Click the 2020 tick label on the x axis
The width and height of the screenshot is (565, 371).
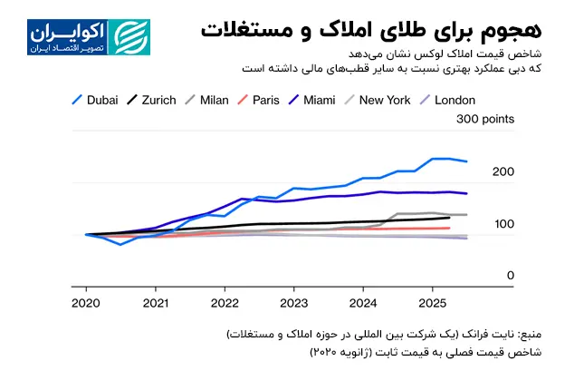85,303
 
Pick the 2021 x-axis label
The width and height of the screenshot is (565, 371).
155,303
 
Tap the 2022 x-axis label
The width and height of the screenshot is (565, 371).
224,303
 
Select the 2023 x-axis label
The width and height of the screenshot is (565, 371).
293,303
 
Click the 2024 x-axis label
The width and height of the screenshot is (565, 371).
363,303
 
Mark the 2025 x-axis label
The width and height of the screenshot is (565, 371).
432,303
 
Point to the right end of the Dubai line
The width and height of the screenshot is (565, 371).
466,161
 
